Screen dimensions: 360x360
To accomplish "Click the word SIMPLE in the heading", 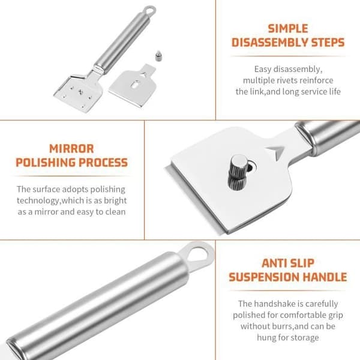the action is tap(288, 29).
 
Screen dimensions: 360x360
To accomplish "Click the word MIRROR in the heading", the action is tap(71, 149).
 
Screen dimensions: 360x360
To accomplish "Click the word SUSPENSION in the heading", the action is tap(264, 277).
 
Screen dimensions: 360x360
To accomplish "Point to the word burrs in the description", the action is tap(283, 326).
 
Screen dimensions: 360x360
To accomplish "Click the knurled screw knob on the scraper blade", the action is tap(238, 172).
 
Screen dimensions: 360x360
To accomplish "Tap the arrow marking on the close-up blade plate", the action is tap(277, 152).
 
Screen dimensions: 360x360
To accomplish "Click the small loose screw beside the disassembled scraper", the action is tap(158, 56).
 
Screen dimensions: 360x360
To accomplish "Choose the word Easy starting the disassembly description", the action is tap(263, 70).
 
